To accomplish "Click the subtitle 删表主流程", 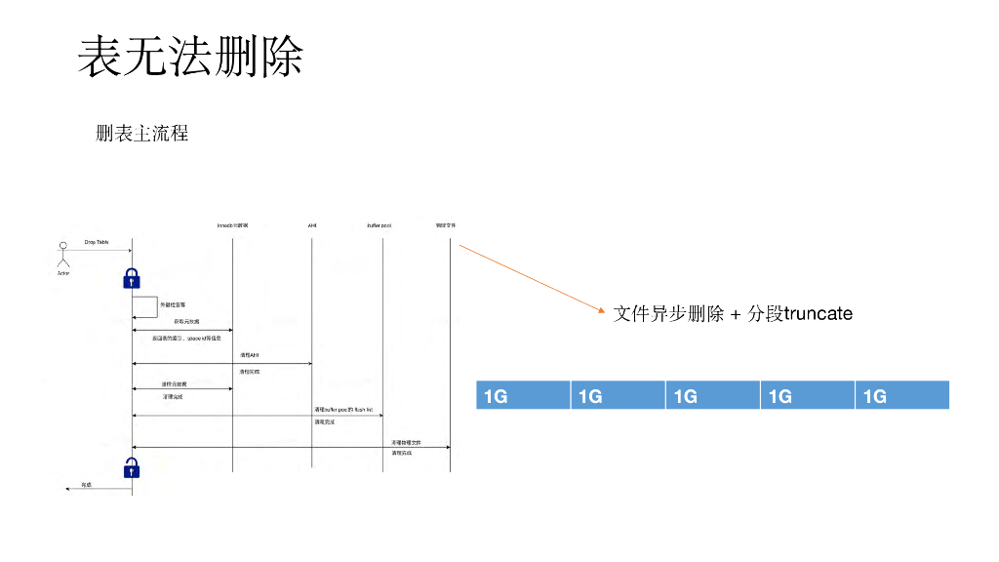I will [x=141, y=134].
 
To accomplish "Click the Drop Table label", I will [x=97, y=242].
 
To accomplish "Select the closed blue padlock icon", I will [x=132, y=278].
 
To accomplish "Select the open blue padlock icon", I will [x=132, y=467].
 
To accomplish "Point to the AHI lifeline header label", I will [x=312, y=225].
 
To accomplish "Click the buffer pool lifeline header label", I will [x=380, y=225].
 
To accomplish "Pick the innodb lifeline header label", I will [x=232, y=225].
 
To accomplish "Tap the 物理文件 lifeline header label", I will [x=446, y=225].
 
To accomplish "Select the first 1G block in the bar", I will [x=522, y=395].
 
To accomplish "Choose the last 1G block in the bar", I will [x=901, y=395].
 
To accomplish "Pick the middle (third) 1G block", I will [x=712, y=395].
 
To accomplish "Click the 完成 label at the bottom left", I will [x=86, y=484].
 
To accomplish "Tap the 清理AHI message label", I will [x=249, y=356].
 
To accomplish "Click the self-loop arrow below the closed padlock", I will [x=146, y=306].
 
